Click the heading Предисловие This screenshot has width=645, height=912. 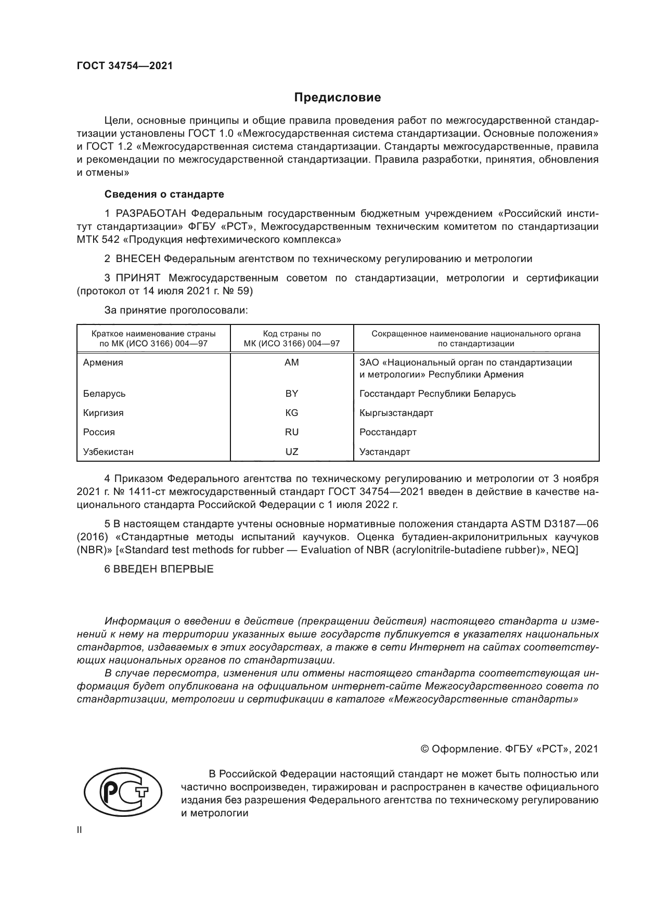338,97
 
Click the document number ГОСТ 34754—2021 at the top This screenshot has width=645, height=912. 125,66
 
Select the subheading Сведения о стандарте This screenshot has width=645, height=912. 164,194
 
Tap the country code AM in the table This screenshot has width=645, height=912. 292,362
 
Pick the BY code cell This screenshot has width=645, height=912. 292,394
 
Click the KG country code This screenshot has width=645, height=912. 292,413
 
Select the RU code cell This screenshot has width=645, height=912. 292,432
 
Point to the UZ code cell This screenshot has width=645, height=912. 292,452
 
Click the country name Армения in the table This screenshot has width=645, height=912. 103,362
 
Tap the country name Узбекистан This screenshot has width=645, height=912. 108,452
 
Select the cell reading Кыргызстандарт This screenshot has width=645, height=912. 396,413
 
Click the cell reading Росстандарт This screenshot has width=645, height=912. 388,432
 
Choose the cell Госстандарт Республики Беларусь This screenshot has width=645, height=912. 437,394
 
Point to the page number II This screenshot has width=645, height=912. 80,830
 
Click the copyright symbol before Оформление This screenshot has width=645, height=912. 424,749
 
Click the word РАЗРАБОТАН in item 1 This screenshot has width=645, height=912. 150,214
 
